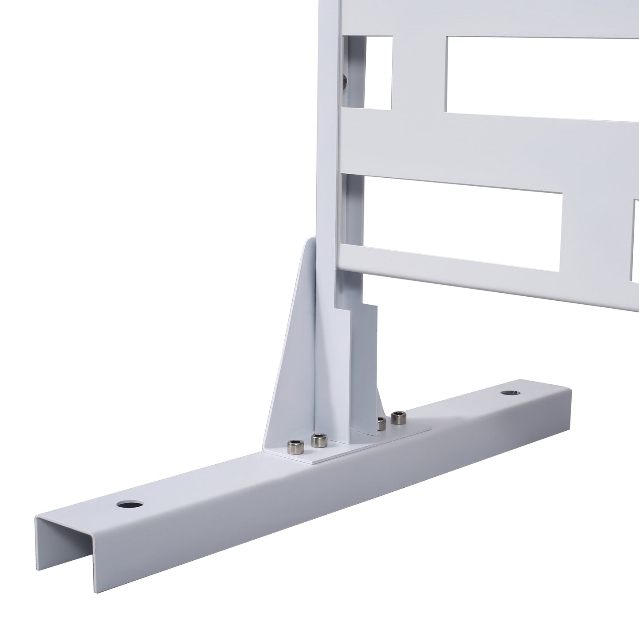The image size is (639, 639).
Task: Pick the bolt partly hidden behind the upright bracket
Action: [381, 423]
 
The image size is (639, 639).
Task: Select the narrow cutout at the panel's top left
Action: [379, 73]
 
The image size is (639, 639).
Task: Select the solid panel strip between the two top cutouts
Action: [419, 73]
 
